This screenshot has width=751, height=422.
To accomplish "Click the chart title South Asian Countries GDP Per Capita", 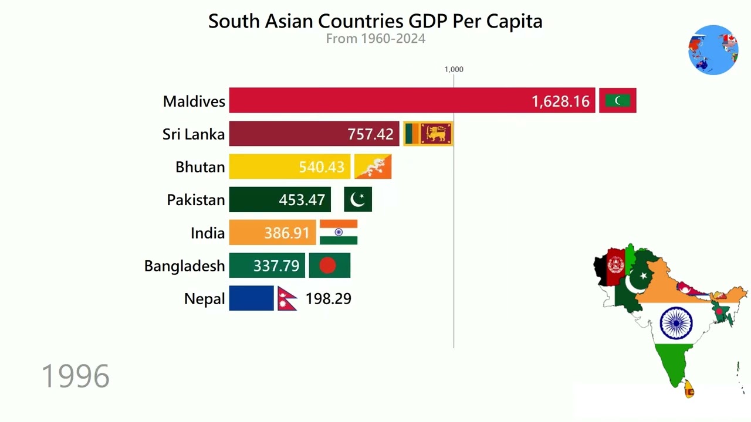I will point(375,21).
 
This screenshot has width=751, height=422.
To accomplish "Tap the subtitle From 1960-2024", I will point(375,39).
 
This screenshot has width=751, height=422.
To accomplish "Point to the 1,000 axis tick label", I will point(454,69).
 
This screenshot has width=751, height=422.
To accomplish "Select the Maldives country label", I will point(194,101).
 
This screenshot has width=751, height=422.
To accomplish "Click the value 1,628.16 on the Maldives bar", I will point(560,101).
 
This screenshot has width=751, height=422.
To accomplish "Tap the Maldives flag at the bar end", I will point(618,101).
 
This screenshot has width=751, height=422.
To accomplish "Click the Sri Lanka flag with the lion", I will point(428,134).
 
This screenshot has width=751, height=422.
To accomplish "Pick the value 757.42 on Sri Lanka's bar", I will point(370,134).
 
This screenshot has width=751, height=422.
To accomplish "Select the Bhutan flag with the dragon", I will point(373,167).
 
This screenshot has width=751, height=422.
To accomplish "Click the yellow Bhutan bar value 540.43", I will point(321,167).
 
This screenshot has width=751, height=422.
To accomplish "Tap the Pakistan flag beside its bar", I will point(357,200).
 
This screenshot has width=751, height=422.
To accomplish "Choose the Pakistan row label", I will point(196,200).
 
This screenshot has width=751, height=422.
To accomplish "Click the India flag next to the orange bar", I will point(339,233).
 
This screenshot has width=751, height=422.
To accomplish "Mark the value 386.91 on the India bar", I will point(286,233).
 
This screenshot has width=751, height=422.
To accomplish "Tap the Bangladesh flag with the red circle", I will point(329,266).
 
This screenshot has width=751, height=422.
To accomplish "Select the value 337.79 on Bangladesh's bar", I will point(276,266).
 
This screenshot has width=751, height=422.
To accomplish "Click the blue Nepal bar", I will point(251,298).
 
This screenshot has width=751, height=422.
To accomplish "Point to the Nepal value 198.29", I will point(328,298).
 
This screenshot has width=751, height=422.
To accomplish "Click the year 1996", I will point(76,376).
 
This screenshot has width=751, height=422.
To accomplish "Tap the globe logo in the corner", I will point(713,50).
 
